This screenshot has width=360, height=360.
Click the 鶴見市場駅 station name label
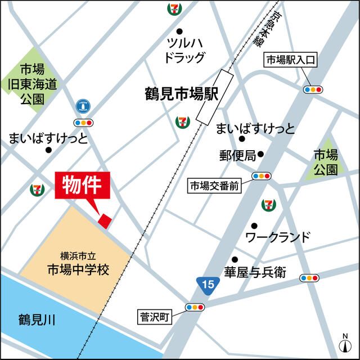[x=177, y=93]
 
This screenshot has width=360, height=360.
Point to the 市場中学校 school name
[x=77, y=269]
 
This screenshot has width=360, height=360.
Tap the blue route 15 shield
[x=208, y=285]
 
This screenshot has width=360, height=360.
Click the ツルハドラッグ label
[x=183, y=49]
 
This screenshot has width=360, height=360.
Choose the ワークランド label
[x=278, y=237]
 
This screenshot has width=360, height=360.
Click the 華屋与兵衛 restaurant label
[x=255, y=273]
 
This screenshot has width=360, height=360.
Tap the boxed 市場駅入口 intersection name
[x=292, y=59]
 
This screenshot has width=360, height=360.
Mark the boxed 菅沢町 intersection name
[x=155, y=316]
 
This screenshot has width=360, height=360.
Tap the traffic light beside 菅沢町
[x=195, y=308]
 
